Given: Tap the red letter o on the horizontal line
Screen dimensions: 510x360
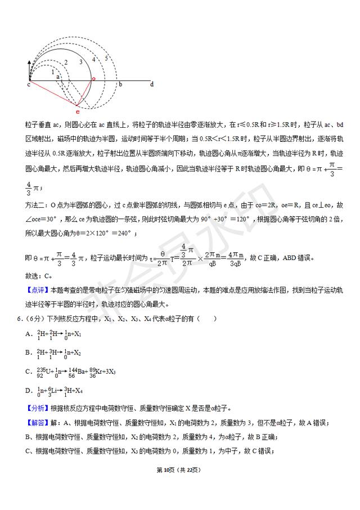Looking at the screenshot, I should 93,78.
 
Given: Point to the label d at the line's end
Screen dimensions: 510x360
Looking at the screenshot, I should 152,84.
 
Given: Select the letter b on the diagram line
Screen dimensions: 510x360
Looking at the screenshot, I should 120,84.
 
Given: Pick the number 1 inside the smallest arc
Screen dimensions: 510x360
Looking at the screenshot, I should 53,71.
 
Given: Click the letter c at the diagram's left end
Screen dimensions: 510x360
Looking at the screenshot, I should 28,85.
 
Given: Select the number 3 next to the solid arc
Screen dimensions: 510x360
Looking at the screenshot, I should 80,61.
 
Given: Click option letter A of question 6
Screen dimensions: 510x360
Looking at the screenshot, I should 28,334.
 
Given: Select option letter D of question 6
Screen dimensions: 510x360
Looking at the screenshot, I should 28,391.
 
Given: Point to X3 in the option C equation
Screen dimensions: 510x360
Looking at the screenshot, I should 112,372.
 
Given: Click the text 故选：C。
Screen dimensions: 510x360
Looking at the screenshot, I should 39,276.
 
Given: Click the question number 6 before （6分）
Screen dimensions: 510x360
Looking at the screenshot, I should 20,319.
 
